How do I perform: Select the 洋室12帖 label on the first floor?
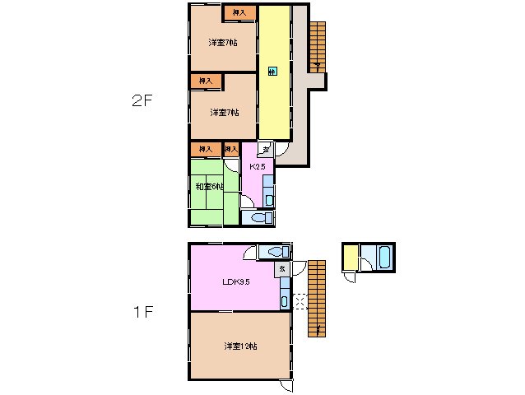[x=240, y=346]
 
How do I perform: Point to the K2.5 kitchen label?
[x=257, y=166]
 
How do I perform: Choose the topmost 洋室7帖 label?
[x=223, y=42]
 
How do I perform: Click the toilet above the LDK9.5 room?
[x=274, y=252]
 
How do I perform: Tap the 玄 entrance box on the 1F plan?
[x=281, y=268]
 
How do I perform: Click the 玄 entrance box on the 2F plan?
[x=265, y=150]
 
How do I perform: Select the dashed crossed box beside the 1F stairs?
[x=299, y=303]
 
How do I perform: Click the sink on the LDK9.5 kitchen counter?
[x=285, y=301]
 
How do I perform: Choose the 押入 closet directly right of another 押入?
[x=231, y=150]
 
